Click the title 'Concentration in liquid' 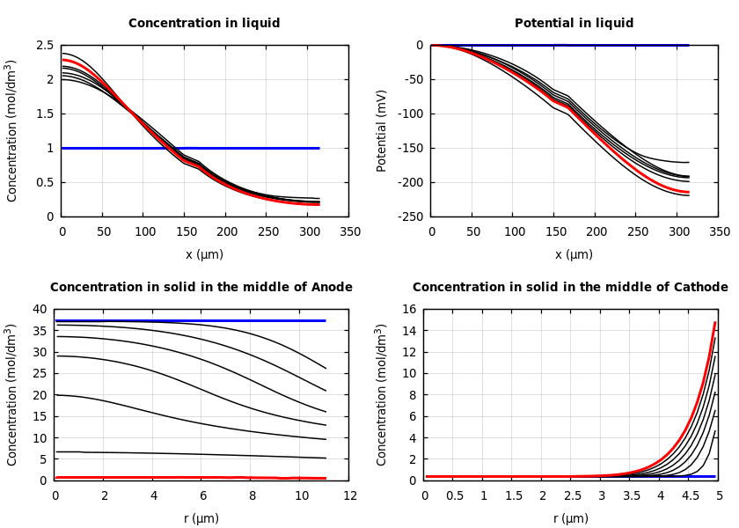(x=204, y=24)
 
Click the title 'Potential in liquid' (x=574, y=24)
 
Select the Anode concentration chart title (x=201, y=288)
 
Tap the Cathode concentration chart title (x=570, y=288)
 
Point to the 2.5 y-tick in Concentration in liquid (x=44, y=45)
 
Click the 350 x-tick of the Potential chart (x=719, y=231)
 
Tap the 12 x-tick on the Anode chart (x=350, y=495)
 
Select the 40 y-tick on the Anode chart (x=39, y=309)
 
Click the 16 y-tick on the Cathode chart (x=409, y=309)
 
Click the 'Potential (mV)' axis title (x=382, y=130)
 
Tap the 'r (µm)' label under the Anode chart (x=201, y=518)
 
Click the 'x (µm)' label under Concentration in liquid (x=204, y=254)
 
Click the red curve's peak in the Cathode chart (x=714, y=324)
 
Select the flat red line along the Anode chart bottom (x=176, y=477)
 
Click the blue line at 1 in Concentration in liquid (x=220, y=148)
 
